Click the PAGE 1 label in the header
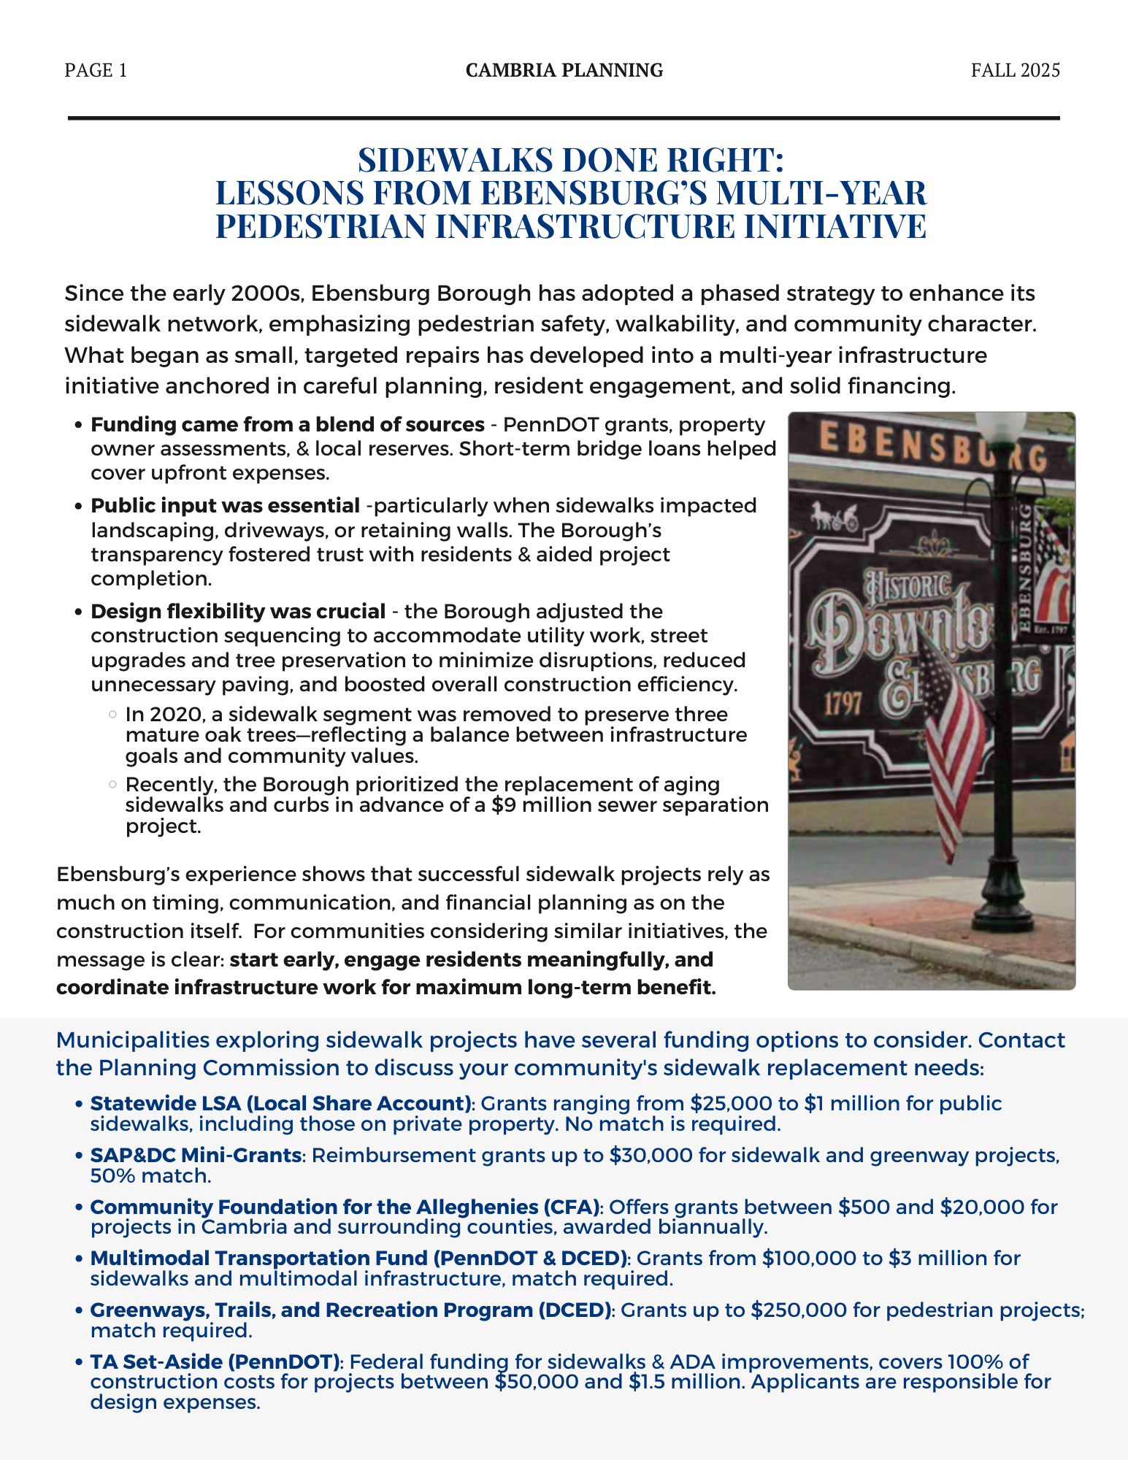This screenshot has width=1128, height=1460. (x=96, y=70)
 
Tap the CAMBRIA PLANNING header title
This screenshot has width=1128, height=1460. (x=564, y=70)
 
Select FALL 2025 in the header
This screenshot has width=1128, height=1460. (x=1015, y=70)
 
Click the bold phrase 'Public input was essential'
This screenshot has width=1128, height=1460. (x=225, y=505)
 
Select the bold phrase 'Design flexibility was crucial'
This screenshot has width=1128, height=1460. (x=238, y=611)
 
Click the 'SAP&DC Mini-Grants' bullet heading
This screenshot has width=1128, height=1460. (x=196, y=1155)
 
